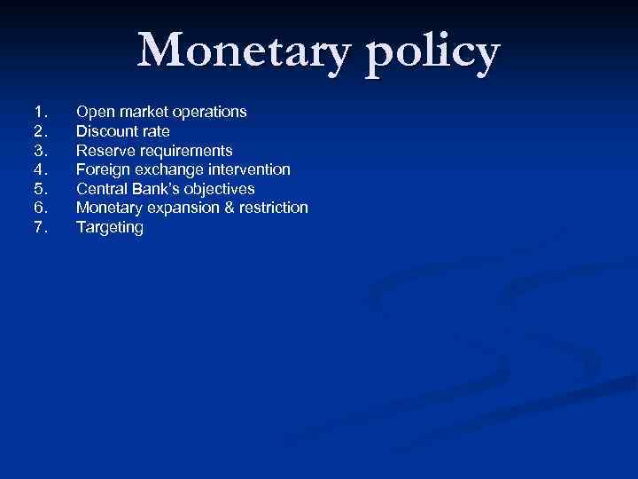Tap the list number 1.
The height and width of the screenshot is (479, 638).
tap(38, 113)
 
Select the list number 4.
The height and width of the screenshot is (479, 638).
tap(38, 169)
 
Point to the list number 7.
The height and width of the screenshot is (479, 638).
tap(38, 228)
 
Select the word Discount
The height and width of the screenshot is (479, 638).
tap(106, 131)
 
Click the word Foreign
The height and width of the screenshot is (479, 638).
tap(102, 169)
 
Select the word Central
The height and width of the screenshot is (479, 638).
tap(100, 189)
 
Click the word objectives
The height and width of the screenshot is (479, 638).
tap(220, 189)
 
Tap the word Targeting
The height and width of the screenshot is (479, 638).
tap(109, 228)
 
